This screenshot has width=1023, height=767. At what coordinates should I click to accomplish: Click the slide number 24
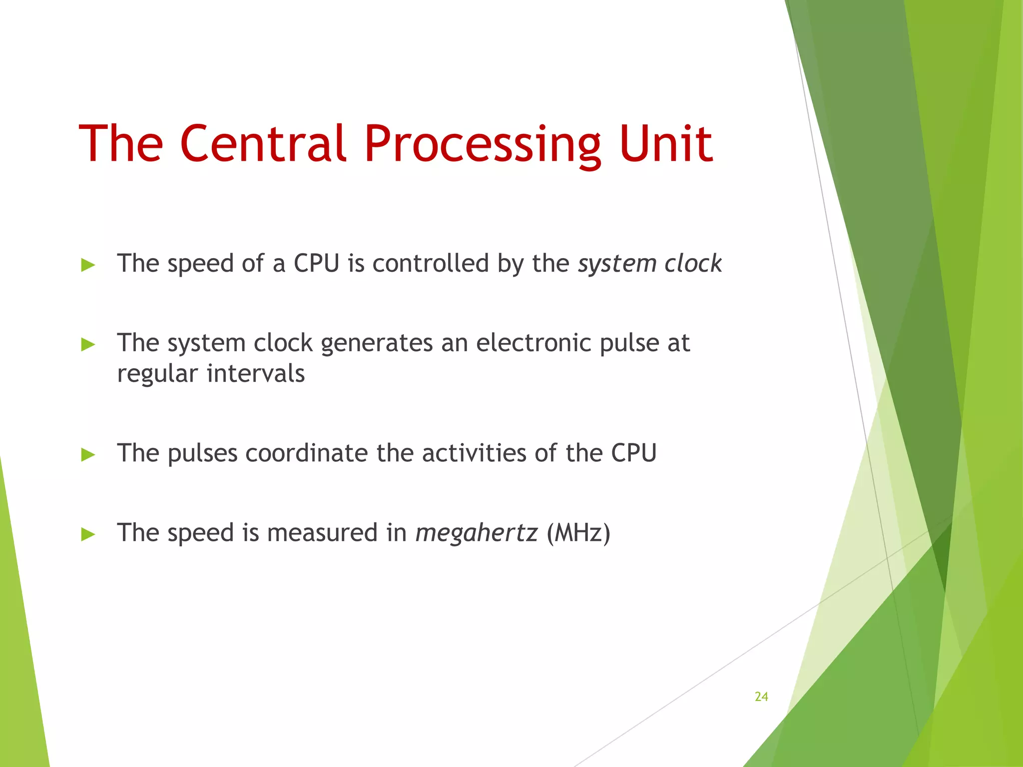(x=761, y=697)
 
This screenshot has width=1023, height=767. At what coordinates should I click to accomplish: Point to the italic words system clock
(x=649, y=263)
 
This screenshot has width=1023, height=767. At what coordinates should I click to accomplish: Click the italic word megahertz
(x=477, y=533)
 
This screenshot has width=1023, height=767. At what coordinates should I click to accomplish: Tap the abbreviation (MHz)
(x=578, y=533)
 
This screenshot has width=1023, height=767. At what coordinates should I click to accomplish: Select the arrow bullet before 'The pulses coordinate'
(x=88, y=454)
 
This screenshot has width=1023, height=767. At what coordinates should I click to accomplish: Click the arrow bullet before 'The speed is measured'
(x=88, y=534)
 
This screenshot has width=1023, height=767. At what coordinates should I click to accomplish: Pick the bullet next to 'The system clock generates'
(x=88, y=344)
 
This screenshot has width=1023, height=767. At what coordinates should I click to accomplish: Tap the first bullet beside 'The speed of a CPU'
(x=88, y=265)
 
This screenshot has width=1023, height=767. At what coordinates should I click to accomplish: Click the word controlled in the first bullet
(x=431, y=263)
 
